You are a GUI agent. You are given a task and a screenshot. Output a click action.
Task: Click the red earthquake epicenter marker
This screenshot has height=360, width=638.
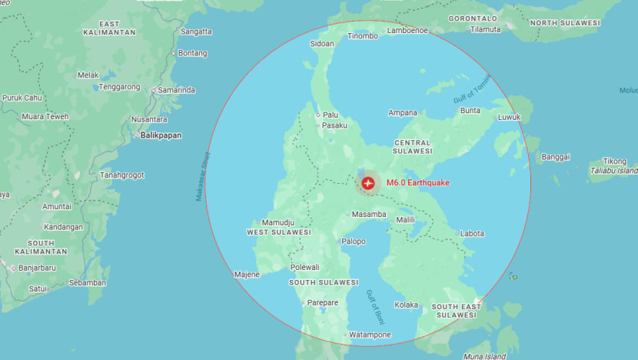[x=367, y=183]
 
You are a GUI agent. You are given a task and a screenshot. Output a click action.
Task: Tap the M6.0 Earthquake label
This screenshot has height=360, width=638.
[x=417, y=183]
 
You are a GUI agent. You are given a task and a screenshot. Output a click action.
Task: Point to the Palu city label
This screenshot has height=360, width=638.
[x=330, y=115]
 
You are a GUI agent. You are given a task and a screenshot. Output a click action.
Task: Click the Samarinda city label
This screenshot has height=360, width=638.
[x=176, y=90]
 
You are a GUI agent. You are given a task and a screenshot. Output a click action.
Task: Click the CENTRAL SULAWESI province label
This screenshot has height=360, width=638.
[x=412, y=147]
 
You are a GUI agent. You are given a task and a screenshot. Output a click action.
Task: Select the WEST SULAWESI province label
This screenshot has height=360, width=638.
[x=278, y=232]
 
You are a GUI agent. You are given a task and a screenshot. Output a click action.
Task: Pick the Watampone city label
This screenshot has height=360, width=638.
[x=370, y=335]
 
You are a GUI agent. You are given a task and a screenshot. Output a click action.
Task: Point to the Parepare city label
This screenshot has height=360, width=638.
[x=323, y=302]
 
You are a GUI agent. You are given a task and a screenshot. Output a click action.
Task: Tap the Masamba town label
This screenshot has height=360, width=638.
[x=368, y=214]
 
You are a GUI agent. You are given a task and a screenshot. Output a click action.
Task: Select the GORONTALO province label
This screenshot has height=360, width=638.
[x=473, y=18]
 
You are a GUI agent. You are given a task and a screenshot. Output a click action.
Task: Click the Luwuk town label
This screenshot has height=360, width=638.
[x=509, y=118]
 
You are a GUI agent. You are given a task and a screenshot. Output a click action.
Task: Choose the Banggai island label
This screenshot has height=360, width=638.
[x=556, y=157]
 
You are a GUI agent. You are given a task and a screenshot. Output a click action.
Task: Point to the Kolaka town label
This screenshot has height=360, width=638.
[x=406, y=305]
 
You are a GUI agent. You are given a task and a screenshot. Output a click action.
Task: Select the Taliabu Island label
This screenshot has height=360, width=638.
[x=613, y=170]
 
